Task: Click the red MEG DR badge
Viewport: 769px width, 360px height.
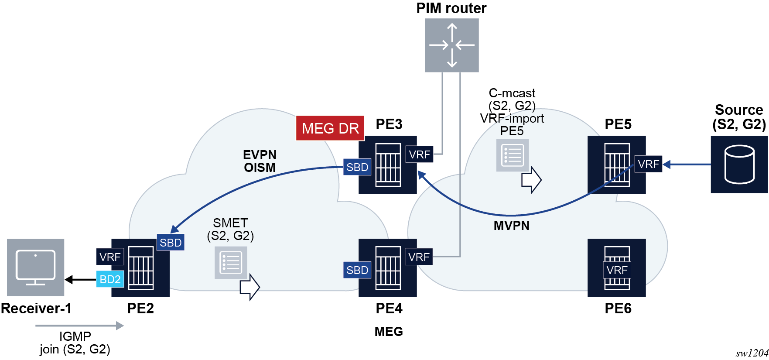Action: coord(330,128)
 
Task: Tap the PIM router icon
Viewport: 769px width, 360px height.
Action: coord(451,45)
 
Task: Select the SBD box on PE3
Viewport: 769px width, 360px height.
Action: coord(357,167)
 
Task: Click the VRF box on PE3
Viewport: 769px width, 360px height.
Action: coord(419,154)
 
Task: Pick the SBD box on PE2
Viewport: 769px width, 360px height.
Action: coord(170,243)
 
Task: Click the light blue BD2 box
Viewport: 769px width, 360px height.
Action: coord(110,279)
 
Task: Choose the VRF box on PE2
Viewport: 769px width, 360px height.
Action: coord(109,257)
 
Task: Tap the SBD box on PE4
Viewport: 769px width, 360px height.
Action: coord(357,270)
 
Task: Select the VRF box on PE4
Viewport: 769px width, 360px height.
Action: coord(419,257)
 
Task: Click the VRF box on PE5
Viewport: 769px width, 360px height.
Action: coord(648,164)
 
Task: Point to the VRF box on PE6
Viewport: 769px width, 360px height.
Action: coord(616,270)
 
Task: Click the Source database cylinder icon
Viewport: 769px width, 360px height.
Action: coord(739,165)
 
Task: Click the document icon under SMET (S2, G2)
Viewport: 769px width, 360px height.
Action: coord(231,262)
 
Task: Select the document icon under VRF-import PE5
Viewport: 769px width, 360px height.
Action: coord(513,155)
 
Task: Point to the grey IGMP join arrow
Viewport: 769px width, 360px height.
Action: coord(79,326)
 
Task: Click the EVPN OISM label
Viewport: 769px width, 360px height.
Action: coord(260,161)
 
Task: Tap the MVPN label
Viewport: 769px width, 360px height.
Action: coord(511,226)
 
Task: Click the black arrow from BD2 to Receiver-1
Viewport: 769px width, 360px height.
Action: coord(80,279)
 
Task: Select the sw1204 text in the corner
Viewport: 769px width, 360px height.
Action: coord(751,353)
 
